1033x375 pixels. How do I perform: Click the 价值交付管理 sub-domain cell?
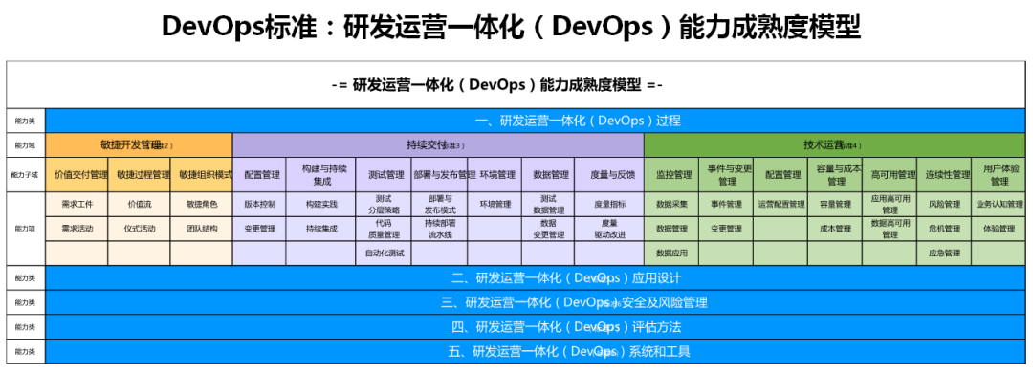click(81, 175)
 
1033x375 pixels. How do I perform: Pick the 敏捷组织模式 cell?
click(203, 175)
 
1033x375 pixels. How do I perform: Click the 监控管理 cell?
click(672, 175)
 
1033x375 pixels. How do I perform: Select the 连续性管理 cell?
click(944, 175)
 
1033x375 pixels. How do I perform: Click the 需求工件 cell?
click(77, 205)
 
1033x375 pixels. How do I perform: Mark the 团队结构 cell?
click(202, 230)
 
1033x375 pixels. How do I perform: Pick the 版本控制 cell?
click(259, 205)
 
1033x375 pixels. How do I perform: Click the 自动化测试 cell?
click(385, 254)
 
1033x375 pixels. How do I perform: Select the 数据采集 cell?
click(672, 205)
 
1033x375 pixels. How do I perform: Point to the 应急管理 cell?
click(944, 254)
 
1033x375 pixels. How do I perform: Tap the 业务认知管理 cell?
click(998, 205)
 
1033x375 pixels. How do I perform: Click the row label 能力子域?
click(25, 175)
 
